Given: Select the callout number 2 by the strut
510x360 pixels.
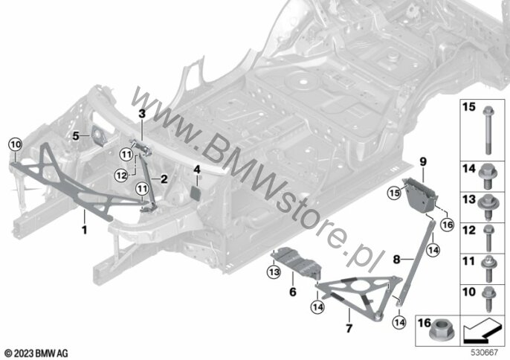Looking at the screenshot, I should click(164, 179).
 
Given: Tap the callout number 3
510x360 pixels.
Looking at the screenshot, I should click(141, 112).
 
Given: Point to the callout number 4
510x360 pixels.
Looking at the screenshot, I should click(197, 170).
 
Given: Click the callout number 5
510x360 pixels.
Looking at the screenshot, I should click(76, 136).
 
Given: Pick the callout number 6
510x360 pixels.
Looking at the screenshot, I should click(292, 291).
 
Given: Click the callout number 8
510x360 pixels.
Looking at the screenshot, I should click(398, 260).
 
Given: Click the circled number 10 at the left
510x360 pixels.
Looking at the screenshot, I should click(16, 143).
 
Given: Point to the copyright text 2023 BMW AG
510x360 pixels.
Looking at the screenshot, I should click(36, 352).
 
